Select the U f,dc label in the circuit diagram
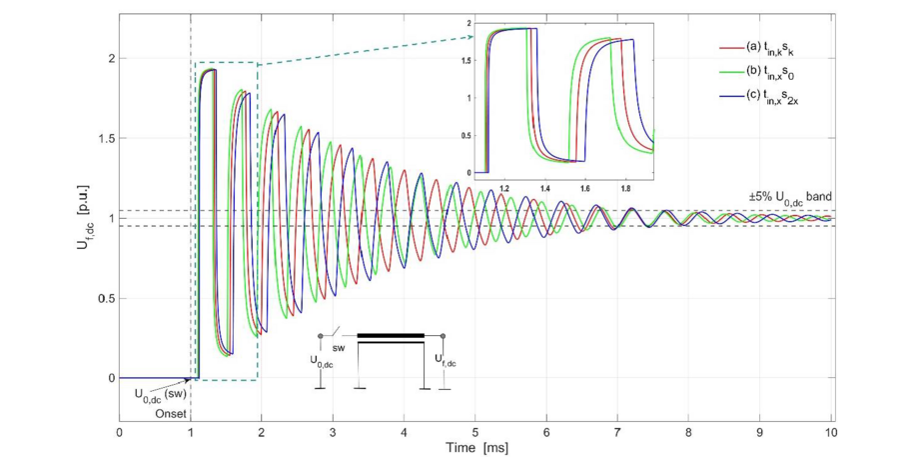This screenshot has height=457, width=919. coord(444,358)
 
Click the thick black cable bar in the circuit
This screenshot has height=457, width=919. coord(391,336)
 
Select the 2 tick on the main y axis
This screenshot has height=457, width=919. coord(107,58)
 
